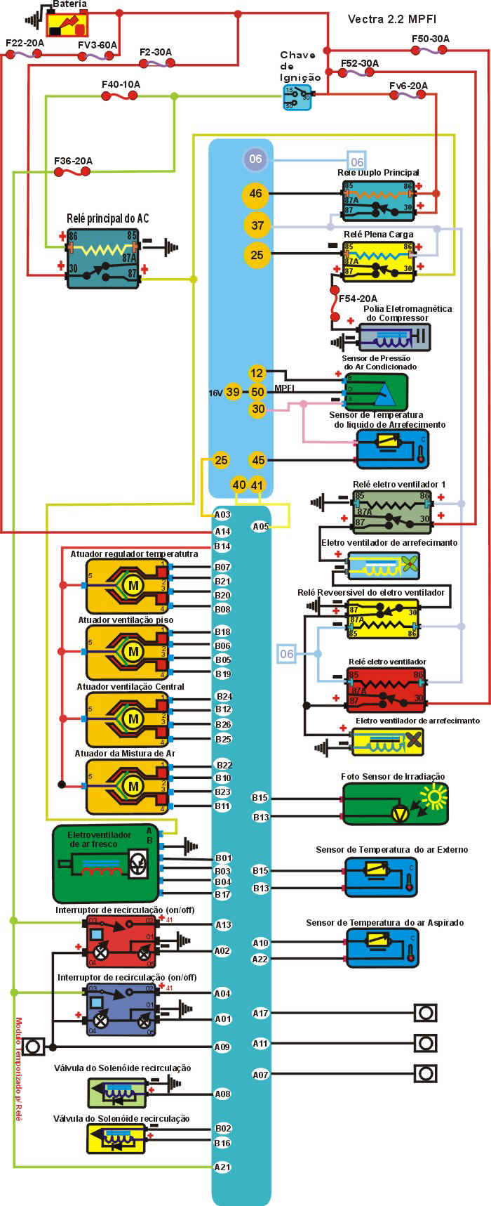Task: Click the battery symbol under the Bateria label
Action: click(x=67, y=25)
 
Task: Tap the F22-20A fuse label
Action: click(x=25, y=43)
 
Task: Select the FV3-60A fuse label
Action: click(x=97, y=45)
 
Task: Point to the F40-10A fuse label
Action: click(x=121, y=84)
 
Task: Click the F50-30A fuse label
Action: click(x=431, y=39)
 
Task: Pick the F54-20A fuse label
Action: click(x=358, y=299)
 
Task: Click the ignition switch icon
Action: click(x=297, y=97)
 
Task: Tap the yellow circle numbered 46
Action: click(x=255, y=193)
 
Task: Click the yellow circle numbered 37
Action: click(x=257, y=225)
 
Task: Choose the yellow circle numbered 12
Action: click(x=257, y=373)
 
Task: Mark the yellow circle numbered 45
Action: click(x=258, y=460)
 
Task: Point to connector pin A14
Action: click(x=222, y=532)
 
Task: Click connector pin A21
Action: click(x=222, y=1167)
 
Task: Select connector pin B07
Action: click(x=222, y=567)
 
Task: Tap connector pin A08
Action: click(x=222, y=1094)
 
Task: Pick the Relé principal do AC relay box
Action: click(x=103, y=258)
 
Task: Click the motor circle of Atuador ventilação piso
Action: click(x=133, y=651)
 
